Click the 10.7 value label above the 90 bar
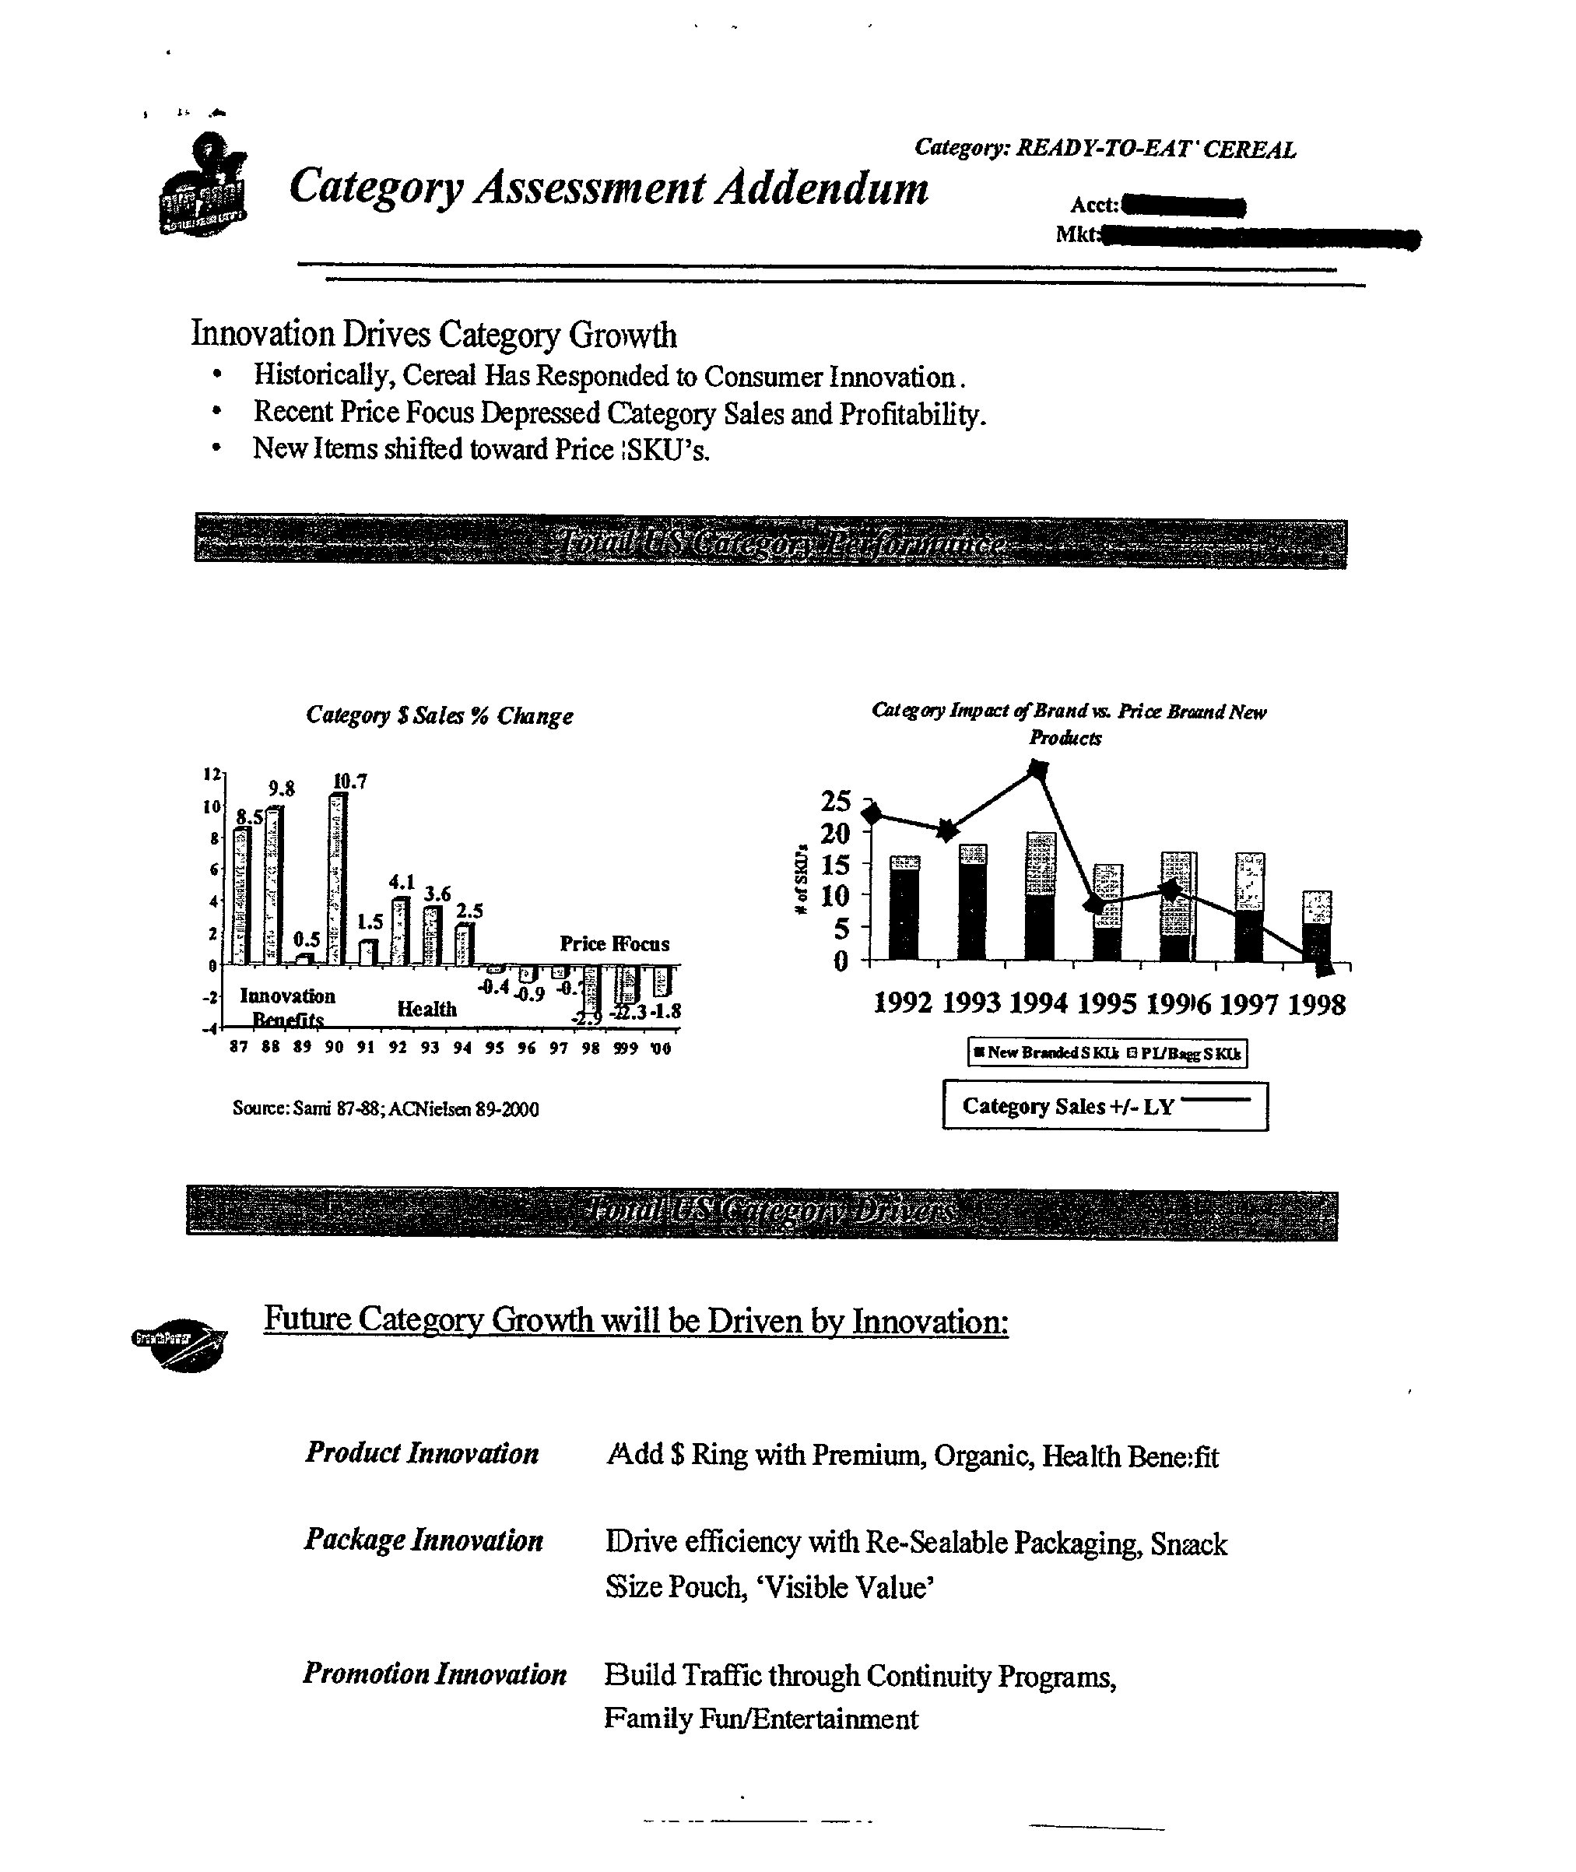click(x=350, y=781)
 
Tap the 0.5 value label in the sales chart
click(x=307, y=940)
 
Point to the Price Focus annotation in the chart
click(x=614, y=943)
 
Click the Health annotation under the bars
click(x=427, y=1009)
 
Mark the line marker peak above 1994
click(x=1038, y=768)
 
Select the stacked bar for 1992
click(x=904, y=908)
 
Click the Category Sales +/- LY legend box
click(x=1105, y=1106)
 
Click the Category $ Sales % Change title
click(x=439, y=716)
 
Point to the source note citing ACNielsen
click(x=385, y=1109)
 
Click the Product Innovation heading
click(x=422, y=1453)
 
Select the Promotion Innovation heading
click(x=434, y=1674)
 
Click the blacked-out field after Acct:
click(x=1183, y=206)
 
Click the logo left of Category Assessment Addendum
click(x=204, y=186)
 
